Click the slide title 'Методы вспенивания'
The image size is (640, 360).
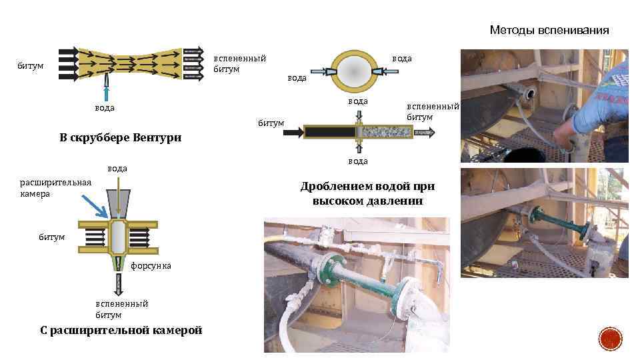549,30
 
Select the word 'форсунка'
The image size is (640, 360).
151,265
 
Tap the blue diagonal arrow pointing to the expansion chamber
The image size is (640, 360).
95,204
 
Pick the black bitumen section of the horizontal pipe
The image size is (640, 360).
329,132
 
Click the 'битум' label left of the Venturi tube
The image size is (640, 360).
31,66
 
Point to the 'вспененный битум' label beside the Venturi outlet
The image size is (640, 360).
239,63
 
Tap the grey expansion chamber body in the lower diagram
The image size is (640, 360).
117,236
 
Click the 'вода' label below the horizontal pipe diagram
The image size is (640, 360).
358,161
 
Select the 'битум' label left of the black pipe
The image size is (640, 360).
271,123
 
